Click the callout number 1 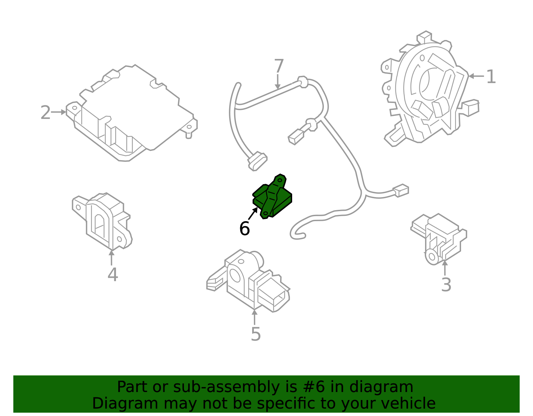pyautogui.click(x=491, y=77)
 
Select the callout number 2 pyautogui.click(x=45, y=113)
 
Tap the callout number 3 pyautogui.click(x=446, y=285)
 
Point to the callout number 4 pyautogui.click(x=113, y=275)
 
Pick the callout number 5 pyautogui.click(x=256, y=334)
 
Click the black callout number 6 pyautogui.click(x=245, y=229)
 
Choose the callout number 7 pyautogui.click(x=279, y=66)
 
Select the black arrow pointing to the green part pyautogui.click(x=253, y=213)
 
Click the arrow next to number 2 pyautogui.click(x=59, y=112)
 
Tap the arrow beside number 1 pyautogui.click(x=476, y=76)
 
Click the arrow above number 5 pyautogui.click(x=255, y=317)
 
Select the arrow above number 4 pyautogui.click(x=112, y=257)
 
